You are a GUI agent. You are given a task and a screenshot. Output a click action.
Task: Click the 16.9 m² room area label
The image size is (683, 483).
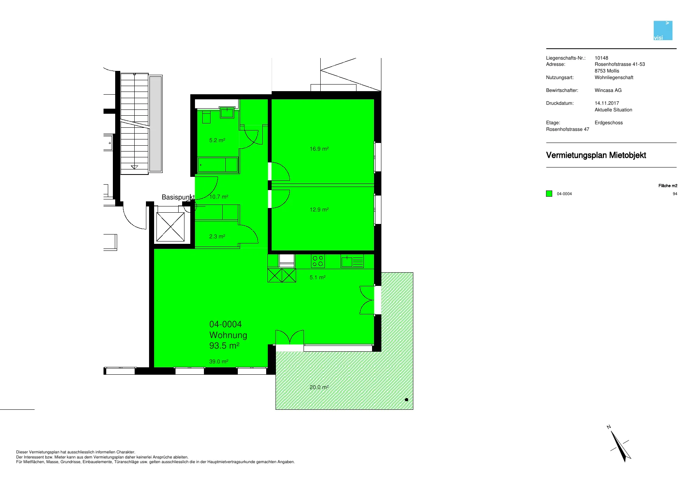point(319,149)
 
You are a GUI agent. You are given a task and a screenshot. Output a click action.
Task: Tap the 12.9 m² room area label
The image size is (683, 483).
point(319,210)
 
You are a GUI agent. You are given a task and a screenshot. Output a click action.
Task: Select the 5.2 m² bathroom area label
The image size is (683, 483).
point(217,140)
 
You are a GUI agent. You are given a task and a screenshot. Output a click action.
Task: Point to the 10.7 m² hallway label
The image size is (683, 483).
point(219,197)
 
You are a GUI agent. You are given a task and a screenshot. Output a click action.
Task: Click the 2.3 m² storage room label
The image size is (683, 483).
point(217,236)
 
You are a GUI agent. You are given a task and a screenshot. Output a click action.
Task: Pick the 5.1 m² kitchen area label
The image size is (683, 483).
point(318,277)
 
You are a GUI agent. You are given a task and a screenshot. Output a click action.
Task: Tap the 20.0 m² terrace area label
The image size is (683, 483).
point(319,387)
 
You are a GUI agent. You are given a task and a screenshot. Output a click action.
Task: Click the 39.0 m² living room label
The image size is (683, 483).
point(219,361)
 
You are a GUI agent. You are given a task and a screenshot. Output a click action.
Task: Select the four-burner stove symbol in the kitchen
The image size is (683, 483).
point(318,261)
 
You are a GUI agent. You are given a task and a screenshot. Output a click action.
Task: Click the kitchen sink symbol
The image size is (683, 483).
point(352,261)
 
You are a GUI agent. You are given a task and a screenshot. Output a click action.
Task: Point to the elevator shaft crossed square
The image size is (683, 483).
point(170,227)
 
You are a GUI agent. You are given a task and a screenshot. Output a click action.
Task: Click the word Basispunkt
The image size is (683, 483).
point(178,197)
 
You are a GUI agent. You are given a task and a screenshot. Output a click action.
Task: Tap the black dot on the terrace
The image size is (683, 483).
point(407,400)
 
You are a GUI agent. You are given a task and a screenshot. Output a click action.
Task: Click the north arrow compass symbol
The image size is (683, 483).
point(620,444)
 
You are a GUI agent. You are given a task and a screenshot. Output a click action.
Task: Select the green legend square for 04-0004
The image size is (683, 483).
point(549,194)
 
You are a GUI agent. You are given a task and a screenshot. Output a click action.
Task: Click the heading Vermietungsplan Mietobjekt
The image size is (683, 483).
point(596,155)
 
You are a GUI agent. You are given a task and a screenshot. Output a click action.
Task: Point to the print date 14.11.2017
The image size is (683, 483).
point(607,103)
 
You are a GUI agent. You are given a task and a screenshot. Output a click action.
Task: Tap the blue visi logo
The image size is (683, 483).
point(663,30)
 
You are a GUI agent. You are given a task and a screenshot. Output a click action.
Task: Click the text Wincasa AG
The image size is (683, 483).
point(608,90)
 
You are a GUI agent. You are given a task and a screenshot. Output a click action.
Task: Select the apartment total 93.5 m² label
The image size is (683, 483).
point(224,346)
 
